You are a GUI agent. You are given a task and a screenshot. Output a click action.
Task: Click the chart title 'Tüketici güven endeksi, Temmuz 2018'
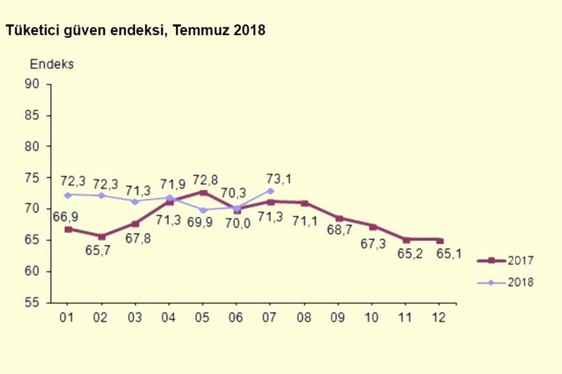click(x=135, y=31)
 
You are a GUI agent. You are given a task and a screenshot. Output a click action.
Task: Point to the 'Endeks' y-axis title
click(x=52, y=65)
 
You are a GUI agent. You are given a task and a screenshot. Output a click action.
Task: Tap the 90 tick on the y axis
click(x=33, y=83)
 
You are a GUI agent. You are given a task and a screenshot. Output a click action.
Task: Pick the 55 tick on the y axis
click(x=33, y=303)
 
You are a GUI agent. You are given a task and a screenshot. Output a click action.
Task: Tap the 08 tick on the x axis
click(x=304, y=318)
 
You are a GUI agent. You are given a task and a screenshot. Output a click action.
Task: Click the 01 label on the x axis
click(x=68, y=318)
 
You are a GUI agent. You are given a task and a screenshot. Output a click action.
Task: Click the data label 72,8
click(x=206, y=179)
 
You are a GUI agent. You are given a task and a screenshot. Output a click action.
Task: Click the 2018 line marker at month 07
click(x=270, y=190)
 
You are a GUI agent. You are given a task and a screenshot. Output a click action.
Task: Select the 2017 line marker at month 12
click(x=440, y=240)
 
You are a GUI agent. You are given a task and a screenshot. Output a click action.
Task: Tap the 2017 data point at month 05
click(x=203, y=192)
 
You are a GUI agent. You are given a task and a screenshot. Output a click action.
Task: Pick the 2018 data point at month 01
click(x=68, y=195)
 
